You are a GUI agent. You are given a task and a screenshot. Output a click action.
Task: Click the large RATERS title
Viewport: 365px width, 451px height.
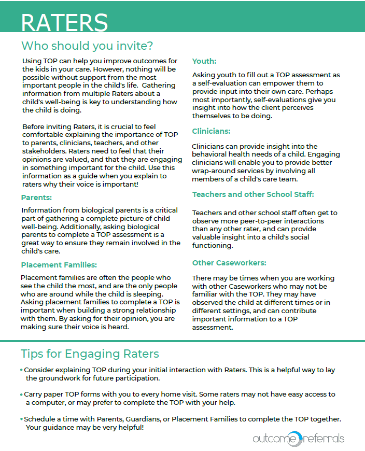pyautogui.click(x=64, y=23)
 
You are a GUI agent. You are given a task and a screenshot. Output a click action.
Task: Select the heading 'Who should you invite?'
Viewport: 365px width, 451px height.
pyautogui.click(x=87, y=46)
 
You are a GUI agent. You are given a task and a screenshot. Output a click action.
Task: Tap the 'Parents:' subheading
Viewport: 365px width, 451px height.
pyautogui.click(x=36, y=198)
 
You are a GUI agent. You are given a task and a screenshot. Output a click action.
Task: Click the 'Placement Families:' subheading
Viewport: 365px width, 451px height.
pyautogui.click(x=59, y=265)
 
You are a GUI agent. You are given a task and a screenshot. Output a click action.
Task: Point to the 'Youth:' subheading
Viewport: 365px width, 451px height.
pyautogui.click(x=204, y=61)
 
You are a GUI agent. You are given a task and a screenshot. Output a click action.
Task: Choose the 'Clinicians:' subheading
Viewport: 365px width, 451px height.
pyautogui.click(x=211, y=131)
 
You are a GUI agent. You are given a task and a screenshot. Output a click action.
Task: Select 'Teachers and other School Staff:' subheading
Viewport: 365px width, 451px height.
pyautogui.click(x=253, y=194)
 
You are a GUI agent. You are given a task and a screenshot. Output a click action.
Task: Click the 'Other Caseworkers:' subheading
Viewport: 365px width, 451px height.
pyautogui.click(x=229, y=262)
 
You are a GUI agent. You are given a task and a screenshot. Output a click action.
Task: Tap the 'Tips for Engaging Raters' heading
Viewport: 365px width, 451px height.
pyautogui.click(x=90, y=354)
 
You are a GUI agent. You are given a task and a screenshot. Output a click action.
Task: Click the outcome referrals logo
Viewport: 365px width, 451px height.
pyautogui.click(x=298, y=439)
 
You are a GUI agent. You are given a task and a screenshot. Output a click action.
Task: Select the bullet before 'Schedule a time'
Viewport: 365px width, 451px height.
pyautogui.click(x=22, y=419)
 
